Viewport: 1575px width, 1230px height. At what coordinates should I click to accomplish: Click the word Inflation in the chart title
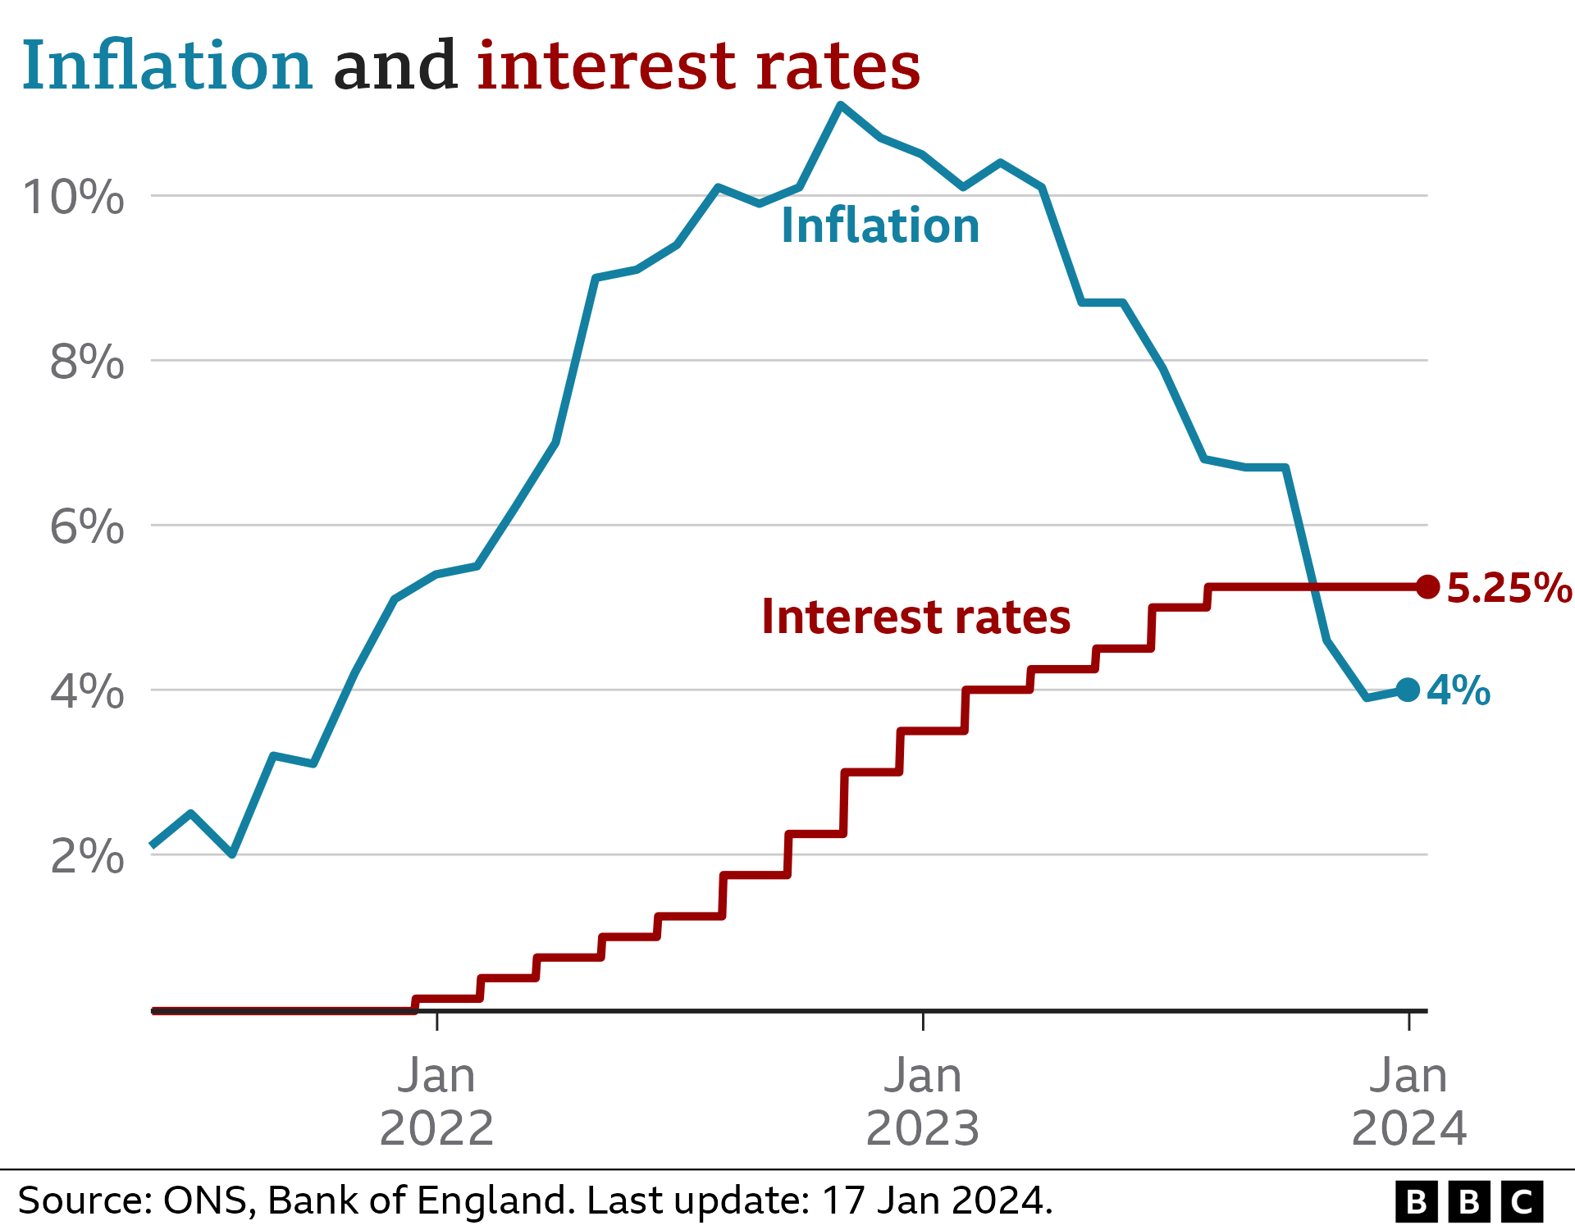(x=167, y=66)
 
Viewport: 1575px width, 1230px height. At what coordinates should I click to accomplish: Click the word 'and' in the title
(x=395, y=66)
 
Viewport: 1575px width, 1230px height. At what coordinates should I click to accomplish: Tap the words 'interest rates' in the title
(x=698, y=66)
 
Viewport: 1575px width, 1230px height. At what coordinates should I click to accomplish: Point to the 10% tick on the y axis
(x=74, y=198)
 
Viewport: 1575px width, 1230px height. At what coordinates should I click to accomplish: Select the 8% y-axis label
(x=87, y=362)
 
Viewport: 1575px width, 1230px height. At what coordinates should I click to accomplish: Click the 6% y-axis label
(x=87, y=526)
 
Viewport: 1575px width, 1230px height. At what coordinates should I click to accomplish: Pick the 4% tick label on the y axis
(x=87, y=691)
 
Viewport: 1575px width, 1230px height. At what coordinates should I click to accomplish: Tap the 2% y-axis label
(x=87, y=856)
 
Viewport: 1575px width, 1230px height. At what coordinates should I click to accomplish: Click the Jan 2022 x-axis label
(x=436, y=1101)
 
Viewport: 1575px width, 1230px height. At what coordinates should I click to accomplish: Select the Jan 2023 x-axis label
(x=923, y=1101)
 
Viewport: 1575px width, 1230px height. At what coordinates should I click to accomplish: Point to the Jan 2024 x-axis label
(x=1408, y=1101)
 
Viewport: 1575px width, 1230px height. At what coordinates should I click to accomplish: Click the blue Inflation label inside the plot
(x=880, y=225)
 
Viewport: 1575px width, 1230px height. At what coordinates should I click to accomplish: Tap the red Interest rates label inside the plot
(x=915, y=617)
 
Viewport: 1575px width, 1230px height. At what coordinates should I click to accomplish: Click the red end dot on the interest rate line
(x=1428, y=586)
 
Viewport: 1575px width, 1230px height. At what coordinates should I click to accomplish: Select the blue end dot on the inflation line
(x=1408, y=690)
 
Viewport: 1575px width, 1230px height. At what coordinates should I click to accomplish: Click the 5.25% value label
(x=1509, y=588)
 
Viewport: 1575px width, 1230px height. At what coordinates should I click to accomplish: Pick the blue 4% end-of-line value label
(x=1459, y=690)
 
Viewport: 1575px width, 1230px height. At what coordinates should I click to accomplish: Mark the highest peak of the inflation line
(x=840, y=104)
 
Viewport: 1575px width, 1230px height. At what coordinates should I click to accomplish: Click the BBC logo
(x=1468, y=1201)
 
